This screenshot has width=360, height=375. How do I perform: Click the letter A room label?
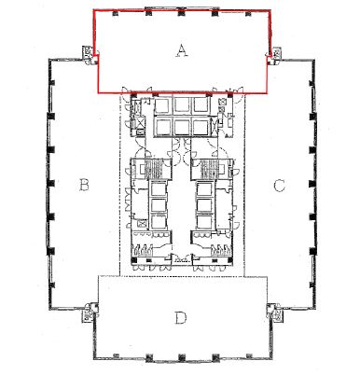pyautogui.click(x=182, y=50)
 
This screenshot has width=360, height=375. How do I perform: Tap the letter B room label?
pyautogui.click(x=84, y=185)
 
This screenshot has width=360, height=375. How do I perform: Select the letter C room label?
pyautogui.click(x=279, y=186)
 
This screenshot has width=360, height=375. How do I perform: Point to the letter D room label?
pyautogui.click(x=180, y=318)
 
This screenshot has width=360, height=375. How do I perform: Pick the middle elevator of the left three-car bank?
pyautogui.click(x=159, y=205)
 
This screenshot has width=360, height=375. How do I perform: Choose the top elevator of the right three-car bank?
pyautogui.click(x=204, y=189)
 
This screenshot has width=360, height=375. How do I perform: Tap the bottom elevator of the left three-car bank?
pyautogui.click(x=159, y=221)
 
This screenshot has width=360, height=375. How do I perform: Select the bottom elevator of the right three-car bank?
pyautogui.click(x=204, y=221)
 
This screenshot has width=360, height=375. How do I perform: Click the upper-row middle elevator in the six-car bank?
pyautogui.click(x=182, y=105)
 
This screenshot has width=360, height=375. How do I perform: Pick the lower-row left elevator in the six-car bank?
pyautogui.click(x=163, y=127)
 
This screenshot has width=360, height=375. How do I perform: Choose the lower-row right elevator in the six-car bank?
pyautogui.click(x=201, y=127)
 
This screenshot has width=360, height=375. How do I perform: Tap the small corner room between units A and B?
pyautogui.click(x=88, y=52)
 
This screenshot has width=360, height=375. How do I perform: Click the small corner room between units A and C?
pyautogui.click(x=276, y=53)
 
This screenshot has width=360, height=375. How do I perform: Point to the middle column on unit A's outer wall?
pyautogui.click(x=182, y=13)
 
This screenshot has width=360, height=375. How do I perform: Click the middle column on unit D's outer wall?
pyautogui.click(x=182, y=357)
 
